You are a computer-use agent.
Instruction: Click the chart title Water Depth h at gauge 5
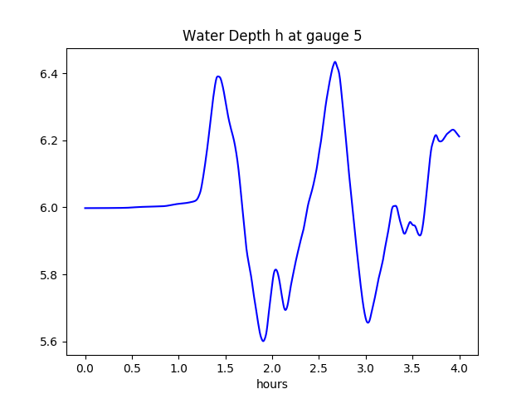(272, 37)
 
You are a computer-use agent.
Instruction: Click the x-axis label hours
(272, 385)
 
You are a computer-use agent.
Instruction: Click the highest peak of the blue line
(335, 62)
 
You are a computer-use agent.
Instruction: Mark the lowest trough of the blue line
(263, 341)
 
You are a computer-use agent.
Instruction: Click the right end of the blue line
(460, 136)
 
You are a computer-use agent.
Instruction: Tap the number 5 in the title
(358, 37)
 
